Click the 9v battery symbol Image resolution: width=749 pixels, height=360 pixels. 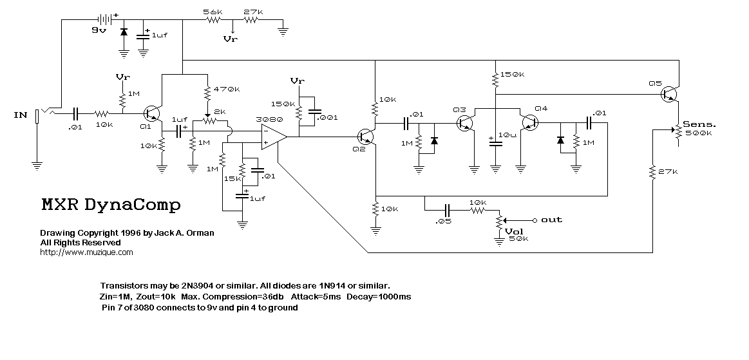(x=104, y=19)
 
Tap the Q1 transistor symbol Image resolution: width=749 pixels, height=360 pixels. (x=153, y=113)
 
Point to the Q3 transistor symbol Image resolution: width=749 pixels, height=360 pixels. (x=465, y=123)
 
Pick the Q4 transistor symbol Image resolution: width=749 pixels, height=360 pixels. (x=529, y=123)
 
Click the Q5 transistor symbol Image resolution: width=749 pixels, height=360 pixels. (x=670, y=94)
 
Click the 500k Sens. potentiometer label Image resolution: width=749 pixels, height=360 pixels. (x=698, y=133)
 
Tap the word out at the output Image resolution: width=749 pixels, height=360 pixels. (x=552, y=220)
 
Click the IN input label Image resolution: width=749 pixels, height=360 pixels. (x=20, y=115)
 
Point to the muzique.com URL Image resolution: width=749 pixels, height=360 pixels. (x=86, y=252)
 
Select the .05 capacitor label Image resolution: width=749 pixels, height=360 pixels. (x=444, y=221)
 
